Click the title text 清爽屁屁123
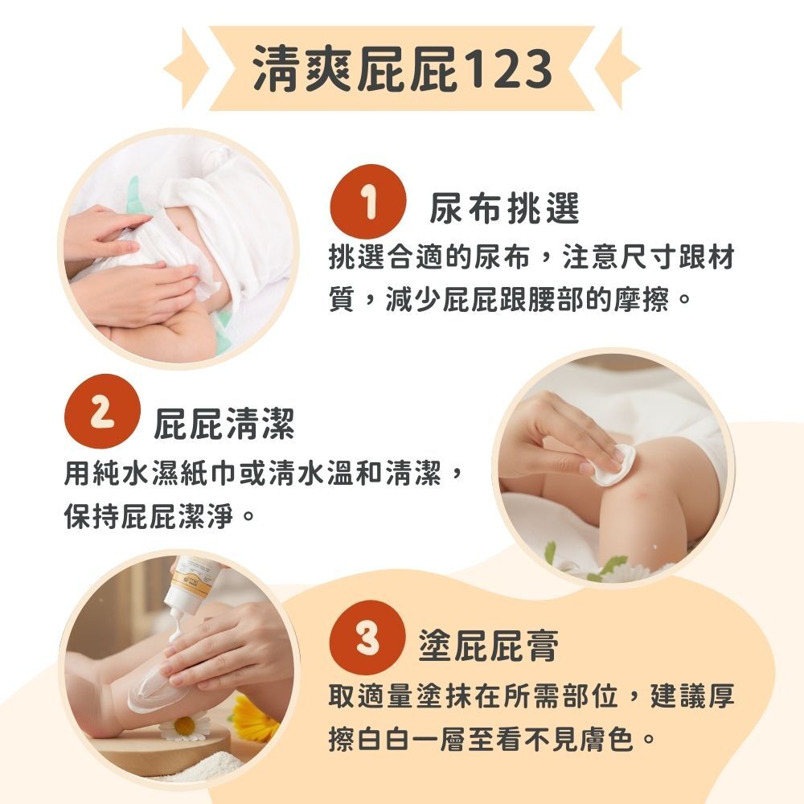(x=403, y=68)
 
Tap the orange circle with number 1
(x=368, y=202)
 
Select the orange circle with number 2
(x=103, y=412)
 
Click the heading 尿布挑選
(x=505, y=209)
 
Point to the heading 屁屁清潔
(x=224, y=424)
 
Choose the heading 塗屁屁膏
(x=488, y=646)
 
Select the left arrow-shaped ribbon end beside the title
(x=187, y=68)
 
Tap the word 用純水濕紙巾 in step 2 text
(x=151, y=474)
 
